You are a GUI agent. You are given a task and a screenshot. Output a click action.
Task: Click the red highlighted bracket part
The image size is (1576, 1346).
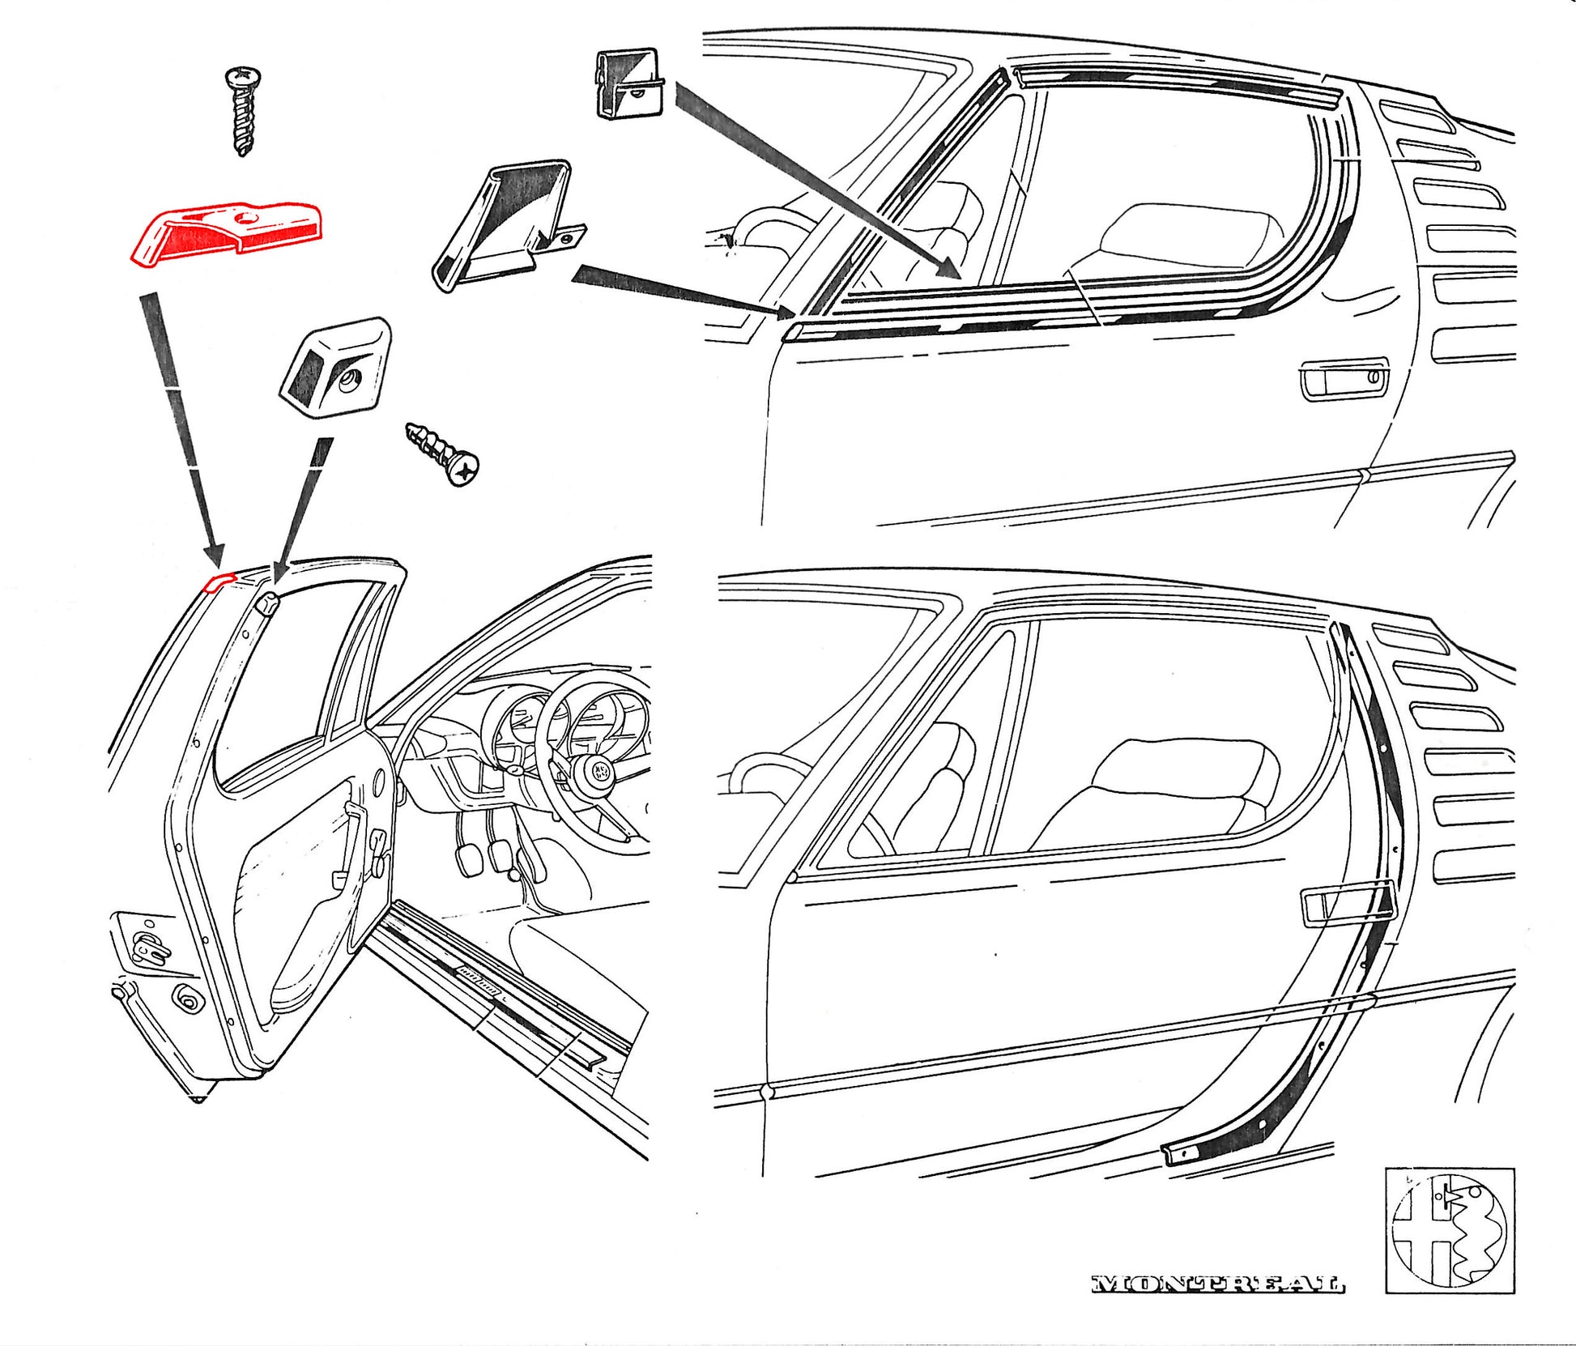(x=227, y=230)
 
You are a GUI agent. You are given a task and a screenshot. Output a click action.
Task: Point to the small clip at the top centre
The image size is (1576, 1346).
(x=629, y=83)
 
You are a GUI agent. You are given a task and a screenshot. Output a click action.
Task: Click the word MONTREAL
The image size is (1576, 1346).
(x=1217, y=1284)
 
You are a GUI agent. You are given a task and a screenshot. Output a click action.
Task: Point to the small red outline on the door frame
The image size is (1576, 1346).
(x=219, y=582)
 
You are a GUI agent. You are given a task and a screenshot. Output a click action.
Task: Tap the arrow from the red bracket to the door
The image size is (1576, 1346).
(x=182, y=429)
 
